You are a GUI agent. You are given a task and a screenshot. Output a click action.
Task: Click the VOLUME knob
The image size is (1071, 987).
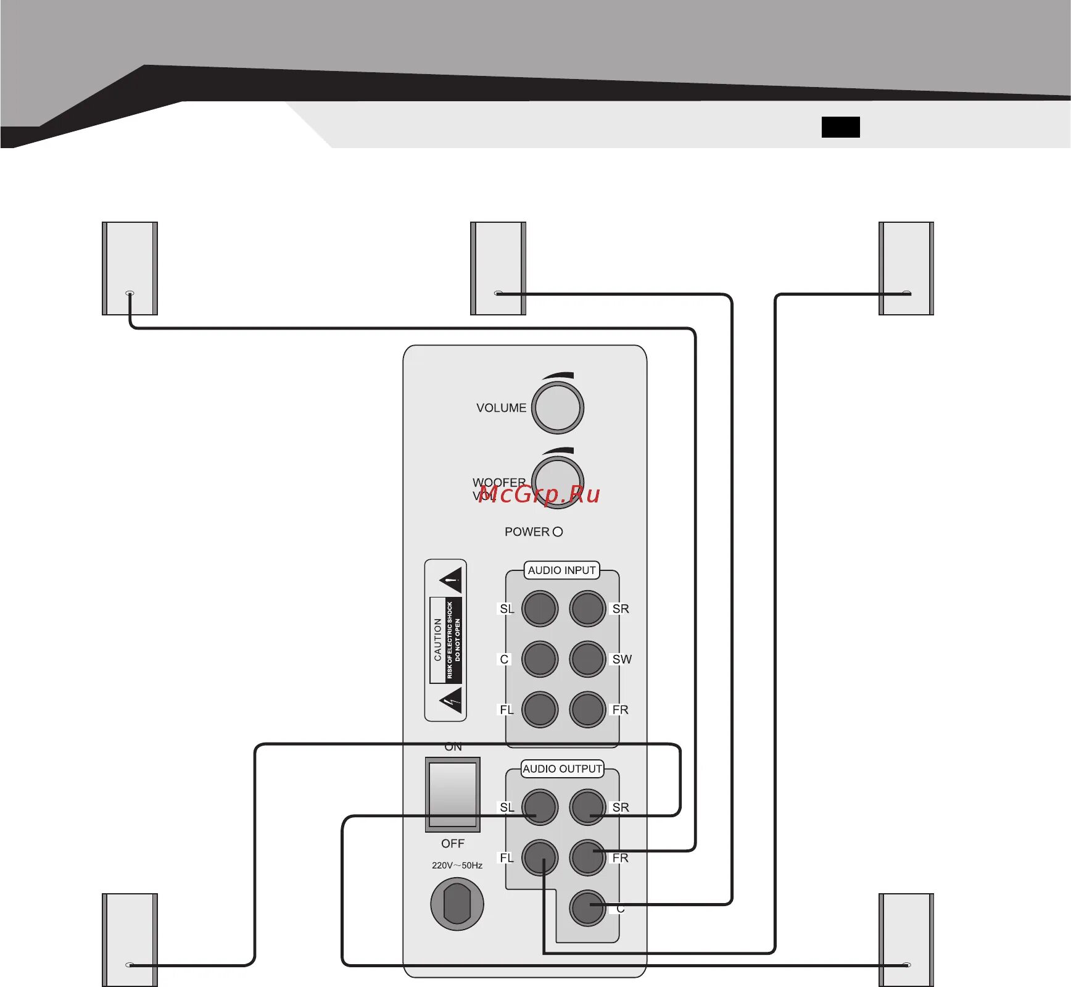click(x=558, y=407)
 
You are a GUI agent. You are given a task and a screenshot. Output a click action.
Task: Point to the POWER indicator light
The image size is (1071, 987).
click(x=558, y=531)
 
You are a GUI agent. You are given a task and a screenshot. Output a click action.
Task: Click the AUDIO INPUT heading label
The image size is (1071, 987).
click(x=561, y=570)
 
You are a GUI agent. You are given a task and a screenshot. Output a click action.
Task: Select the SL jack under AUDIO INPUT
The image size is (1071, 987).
click(x=540, y=609)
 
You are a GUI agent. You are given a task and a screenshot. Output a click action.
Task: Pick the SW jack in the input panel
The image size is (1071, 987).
click(x=587, y=659)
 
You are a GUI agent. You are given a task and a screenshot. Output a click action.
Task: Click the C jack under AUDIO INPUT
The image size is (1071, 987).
click(x=540, y=659)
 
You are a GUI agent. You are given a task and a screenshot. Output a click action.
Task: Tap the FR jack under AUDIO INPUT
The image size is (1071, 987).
click(x=587, y=710)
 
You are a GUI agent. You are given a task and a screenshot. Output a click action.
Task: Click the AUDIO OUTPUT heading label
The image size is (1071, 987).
click(x=562, y=769)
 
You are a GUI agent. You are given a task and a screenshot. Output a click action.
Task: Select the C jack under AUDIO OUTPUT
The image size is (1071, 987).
click(x=587, y=908)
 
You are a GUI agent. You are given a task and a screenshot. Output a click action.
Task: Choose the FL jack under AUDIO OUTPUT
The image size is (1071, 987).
click(x=540, y=857)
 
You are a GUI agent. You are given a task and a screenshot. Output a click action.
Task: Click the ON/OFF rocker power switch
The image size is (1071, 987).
click(x=453, y=794)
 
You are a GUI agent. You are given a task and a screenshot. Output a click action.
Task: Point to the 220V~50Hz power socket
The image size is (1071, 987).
click(x=457, y=904)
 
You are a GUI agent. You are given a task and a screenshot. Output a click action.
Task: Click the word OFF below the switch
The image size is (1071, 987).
click(x=453, y=843)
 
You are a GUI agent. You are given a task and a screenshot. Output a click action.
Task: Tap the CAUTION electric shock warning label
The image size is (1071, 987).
click(x=445, y=640)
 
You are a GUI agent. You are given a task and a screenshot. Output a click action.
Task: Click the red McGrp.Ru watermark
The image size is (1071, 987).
click(x=539, y=494)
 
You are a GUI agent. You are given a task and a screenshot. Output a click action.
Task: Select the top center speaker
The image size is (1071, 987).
click(x=498, y=268)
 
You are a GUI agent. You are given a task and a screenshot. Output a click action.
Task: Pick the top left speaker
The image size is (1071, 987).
click(x=130, y=268)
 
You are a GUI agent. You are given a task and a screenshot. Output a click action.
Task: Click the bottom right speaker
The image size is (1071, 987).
click(x=906, y=939)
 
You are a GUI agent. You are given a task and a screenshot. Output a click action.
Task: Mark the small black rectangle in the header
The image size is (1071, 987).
click(x=840, y=127)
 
